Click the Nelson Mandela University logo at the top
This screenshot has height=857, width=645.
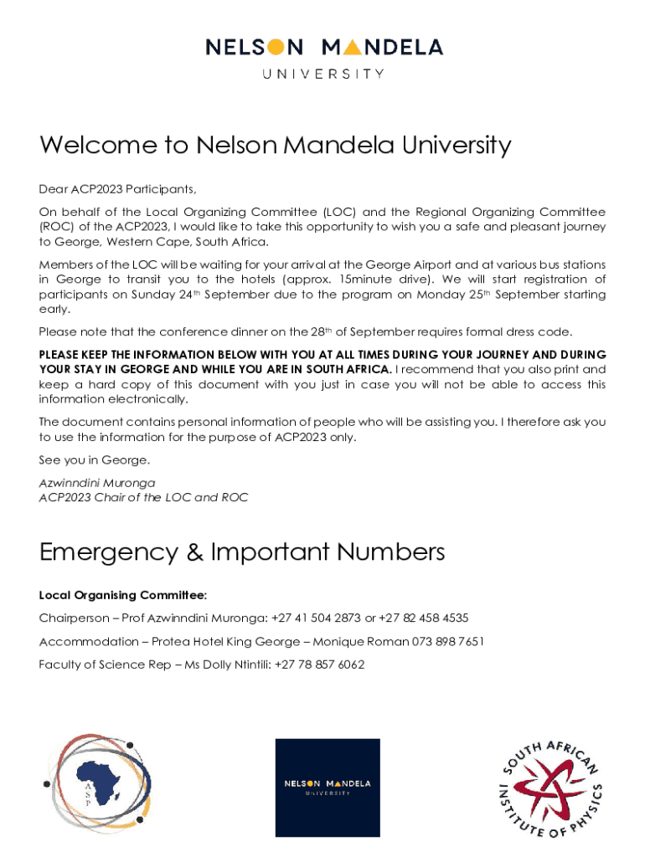[324, 56]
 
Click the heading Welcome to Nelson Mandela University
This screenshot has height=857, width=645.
[275, 146]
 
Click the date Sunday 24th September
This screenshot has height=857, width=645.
[193, 295]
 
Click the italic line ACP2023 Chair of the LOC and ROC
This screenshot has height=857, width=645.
[143, 497]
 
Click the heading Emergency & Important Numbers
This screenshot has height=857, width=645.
[242, 552]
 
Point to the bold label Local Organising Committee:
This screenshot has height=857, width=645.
[122, 595]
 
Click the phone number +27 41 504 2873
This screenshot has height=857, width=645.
[317, 618]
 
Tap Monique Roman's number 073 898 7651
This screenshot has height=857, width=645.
[447, 642]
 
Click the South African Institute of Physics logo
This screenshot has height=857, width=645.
[551, 788]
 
